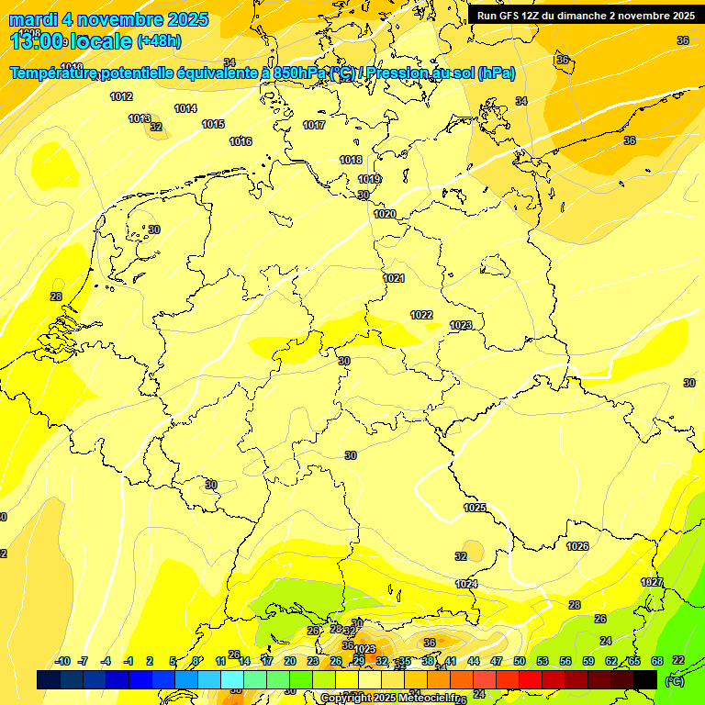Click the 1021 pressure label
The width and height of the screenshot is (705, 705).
(x=394, y=278)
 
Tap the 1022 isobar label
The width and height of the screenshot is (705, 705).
(x=421, y=315)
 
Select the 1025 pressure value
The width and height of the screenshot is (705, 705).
(x=475, y=508)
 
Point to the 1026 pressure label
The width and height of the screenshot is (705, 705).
(x=577, y=546)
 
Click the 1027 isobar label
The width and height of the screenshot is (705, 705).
(x=652, y=583)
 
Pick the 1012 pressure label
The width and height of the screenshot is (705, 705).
(x=121, y=96)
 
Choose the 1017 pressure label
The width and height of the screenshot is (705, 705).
(x=314, y=125)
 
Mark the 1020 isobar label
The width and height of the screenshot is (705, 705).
(x=385, y=214)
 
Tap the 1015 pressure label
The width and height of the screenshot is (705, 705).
(x=213, y=124)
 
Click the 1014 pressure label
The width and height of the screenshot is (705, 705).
(x=185, y=108)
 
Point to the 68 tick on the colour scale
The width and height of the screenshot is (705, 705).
(x=657, y=661)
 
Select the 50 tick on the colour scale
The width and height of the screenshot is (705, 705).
(x=520, y=661)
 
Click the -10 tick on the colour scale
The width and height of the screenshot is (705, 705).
(x=62, y=661)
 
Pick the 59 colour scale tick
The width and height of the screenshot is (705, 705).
(x=588, y=661)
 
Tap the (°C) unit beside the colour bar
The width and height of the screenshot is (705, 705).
(x=674, y=681)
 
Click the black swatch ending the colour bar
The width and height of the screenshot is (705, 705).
(x=645, y=679)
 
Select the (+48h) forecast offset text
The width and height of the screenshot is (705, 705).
(x=159, y=40)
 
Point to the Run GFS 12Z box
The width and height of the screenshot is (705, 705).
(x=586, y=15)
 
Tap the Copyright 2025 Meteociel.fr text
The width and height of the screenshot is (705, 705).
(x=389, y=698)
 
